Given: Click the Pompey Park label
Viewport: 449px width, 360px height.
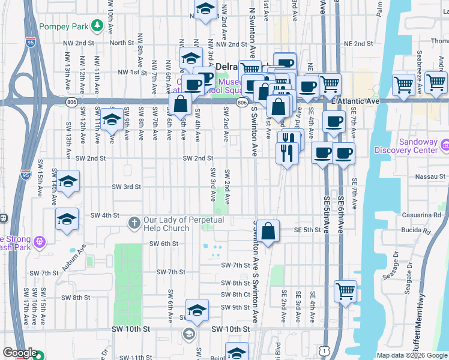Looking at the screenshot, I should tap(62, 27).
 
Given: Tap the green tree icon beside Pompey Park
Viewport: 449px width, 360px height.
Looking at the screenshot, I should tap(96, 26).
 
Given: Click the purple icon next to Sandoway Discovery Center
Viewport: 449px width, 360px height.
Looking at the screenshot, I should tap(445, 145).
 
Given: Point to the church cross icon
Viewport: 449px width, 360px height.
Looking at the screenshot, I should tap(134, 224).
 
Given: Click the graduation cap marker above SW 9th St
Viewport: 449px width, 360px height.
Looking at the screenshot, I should tap(196, 310).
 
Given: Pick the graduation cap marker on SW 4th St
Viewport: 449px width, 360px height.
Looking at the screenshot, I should tap(67, 220).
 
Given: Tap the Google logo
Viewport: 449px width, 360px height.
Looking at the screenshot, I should tap(20, 353).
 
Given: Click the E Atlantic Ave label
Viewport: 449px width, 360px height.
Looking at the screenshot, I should tap(355, 102).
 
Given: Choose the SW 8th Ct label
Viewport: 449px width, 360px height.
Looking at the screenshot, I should tap(235, 295).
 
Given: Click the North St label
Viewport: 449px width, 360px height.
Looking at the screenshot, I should tap(121, 43).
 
